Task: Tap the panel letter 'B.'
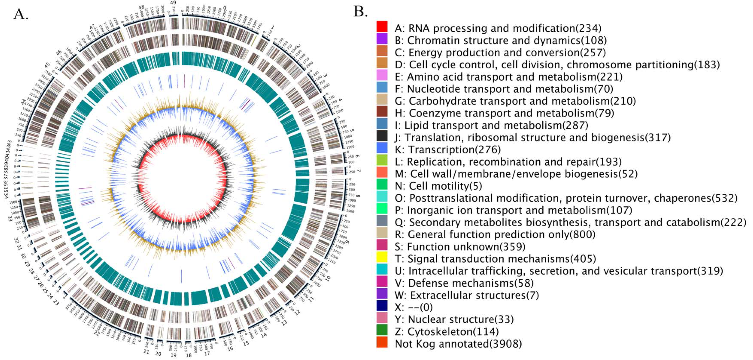pos(360,12)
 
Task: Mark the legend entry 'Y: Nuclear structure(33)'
pos(454,319)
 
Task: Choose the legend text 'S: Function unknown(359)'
pos(460,247)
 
